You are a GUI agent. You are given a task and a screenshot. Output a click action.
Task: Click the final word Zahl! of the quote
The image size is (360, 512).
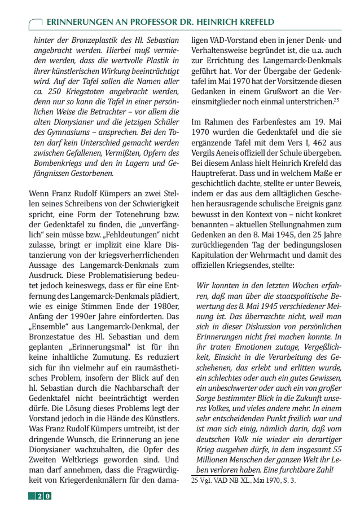[x=329, y=470]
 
